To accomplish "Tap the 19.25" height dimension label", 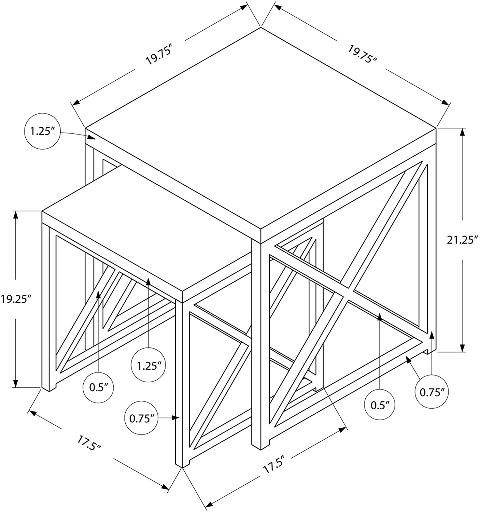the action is pyautogui.click(x=16, y=299).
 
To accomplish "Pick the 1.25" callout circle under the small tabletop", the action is pyautogui.click(x=148, y=366).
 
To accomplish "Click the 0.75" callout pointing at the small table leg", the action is pyautogui.click(x=141, y=419).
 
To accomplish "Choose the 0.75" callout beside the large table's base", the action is pyautogui.click(x=431, y=393).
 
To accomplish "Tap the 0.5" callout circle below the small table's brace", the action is pyautogui.click(x=98, y=387).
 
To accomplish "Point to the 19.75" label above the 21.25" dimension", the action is pyautogui.click(x=363, y=57).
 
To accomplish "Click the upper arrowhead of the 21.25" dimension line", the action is pyautogui.click(x=463, y=132).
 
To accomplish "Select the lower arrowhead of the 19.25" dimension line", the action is pyautogui.click(x=16, y=383).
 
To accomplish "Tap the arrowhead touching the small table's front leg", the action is pyautogui.click(x=176, y=418).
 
